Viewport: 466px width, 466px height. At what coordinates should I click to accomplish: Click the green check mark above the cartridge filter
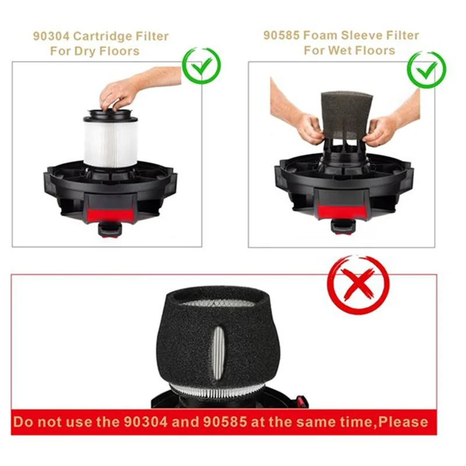click(x=202, y=65)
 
